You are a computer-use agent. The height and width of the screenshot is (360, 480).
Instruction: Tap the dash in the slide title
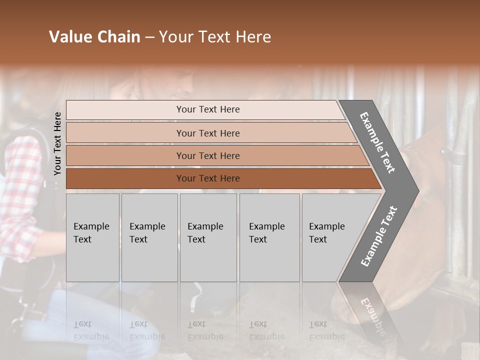click(x=149, y=37)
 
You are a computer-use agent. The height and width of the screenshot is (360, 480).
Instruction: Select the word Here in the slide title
click(x=252, y=37)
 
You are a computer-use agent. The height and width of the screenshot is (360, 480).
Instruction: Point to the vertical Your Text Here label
click(x=57, y=143)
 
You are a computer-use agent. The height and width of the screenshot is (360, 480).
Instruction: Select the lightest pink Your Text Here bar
click(x=207, y=109)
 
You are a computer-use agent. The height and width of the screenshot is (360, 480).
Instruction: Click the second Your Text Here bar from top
click(x=207, y=133)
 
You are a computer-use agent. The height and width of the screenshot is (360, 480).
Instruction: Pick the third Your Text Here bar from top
click(x=207, y=155)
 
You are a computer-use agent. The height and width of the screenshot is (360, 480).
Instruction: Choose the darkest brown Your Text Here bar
click(x=207, y=178)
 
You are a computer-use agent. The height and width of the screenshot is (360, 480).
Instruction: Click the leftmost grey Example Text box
click(x=92, y=237)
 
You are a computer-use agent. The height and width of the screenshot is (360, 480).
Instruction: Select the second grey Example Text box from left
click(x=149, y=237)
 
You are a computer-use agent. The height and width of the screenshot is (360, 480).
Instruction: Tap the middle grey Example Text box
click(x=208, y=237)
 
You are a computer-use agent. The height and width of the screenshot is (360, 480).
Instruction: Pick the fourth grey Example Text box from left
click(x=269, y=237)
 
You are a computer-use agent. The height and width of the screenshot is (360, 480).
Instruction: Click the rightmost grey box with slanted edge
click(x=330, y=237)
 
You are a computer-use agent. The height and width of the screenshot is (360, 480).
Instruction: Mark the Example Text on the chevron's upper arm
click(x=377, y=142)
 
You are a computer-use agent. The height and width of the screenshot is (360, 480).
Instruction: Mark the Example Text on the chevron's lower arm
click(x=378, y=236)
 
